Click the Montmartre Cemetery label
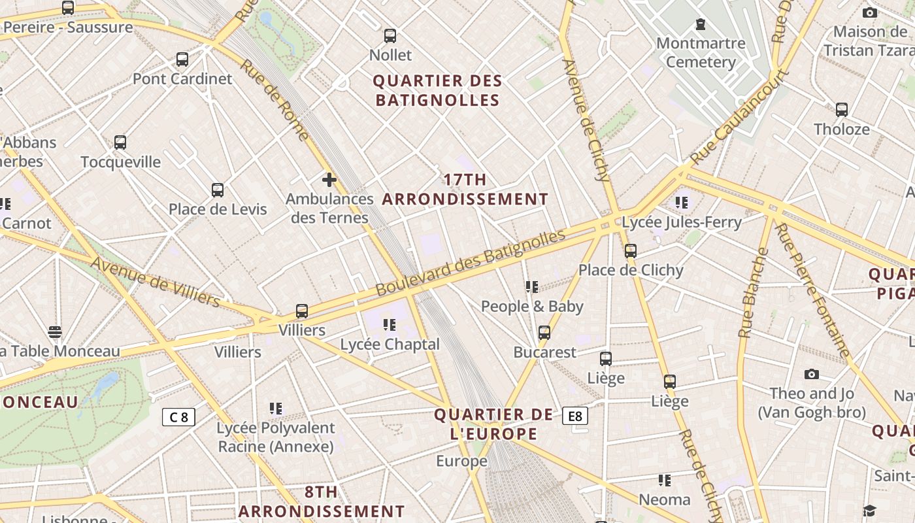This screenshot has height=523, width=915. (701, 53)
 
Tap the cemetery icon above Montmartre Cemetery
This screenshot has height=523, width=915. (701, 25)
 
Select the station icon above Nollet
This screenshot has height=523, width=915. (390, 36)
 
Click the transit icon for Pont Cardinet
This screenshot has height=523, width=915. (182, 59)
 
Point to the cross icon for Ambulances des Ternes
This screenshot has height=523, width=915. (329, 179)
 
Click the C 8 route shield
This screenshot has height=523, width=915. (178, 417)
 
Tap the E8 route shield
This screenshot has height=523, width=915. (575, 416)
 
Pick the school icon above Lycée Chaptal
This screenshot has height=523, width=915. (390, 325)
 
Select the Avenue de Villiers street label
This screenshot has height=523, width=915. (156, 282)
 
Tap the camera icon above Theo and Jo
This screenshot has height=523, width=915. (812, 374)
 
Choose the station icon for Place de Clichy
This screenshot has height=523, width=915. (631, 250)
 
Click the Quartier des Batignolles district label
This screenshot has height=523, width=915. (437, 91)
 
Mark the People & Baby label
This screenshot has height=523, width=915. (532, 306)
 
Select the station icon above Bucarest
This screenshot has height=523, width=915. (544, 333)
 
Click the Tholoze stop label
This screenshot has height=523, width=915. (842, 129)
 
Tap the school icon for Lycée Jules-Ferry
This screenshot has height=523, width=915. (682, 203)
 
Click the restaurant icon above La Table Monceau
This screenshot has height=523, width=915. (55, 332)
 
